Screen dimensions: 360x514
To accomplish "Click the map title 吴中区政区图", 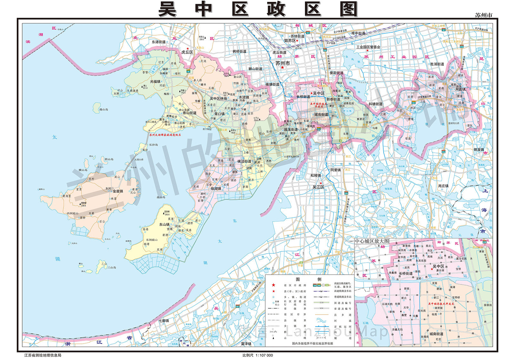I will (258, 9).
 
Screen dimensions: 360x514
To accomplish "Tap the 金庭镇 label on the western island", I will (118, 191).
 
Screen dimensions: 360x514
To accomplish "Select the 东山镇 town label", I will (164, 224).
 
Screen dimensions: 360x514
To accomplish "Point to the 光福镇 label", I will (155, 82).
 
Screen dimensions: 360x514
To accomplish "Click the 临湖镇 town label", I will (216, 189).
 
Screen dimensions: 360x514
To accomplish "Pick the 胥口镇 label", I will (219, 114).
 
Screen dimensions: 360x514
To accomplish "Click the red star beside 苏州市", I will (282, 68).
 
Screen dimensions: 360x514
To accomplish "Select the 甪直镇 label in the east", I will (461, 89).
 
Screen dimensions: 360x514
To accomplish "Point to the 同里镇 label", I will (335, 170).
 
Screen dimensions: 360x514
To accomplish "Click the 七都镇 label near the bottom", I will (164, 321).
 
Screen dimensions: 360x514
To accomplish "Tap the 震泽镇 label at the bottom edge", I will (246, 344).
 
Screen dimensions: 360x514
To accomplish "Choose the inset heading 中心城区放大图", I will (372, 241).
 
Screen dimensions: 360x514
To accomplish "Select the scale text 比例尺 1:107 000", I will (258, 355).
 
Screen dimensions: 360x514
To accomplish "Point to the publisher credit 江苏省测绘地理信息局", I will (43, 355).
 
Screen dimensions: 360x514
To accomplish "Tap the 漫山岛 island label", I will (103, 110).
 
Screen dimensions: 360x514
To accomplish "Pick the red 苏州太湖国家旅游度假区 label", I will (165, 135).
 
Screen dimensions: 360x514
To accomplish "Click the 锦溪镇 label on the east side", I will (479, 150).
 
